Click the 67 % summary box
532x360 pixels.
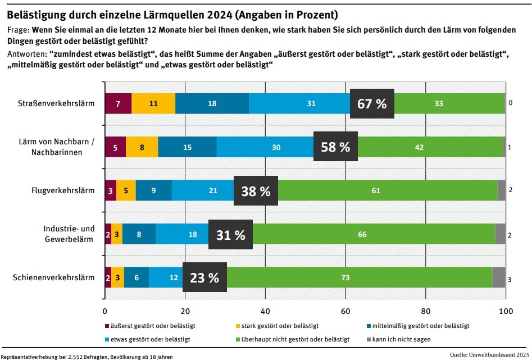(372, 103)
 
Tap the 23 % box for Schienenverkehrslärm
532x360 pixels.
(204, 277)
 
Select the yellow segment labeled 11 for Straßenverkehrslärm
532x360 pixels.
(153, 103)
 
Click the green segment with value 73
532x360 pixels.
(360, 277)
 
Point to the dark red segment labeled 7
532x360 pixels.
(118, 103)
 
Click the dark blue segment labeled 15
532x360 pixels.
(187, 147)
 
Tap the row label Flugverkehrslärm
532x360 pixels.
(62, 190)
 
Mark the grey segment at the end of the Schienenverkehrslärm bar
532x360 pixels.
(499, 277)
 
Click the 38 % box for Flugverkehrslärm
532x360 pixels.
(256, 190)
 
